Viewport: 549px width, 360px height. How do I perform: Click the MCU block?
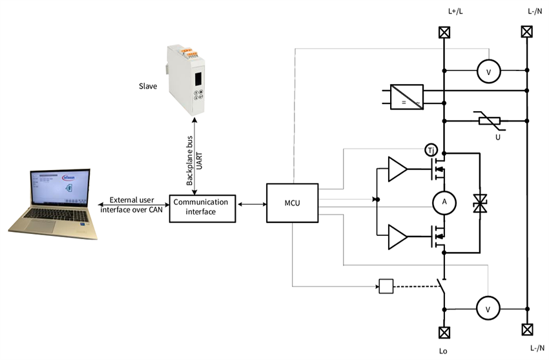(293, 203)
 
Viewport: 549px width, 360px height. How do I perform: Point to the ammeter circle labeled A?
(443, 202)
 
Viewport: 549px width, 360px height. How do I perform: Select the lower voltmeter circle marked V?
(488, 310)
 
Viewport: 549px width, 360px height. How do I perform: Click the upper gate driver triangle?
(397, 169)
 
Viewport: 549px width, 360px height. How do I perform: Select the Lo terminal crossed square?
(444, 332)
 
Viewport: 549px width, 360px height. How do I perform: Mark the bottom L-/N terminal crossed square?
(527, 329)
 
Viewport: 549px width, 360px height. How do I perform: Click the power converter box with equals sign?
(407, 96)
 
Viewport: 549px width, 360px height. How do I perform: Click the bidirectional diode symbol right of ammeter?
(480, 202)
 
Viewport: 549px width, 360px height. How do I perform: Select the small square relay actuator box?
(385, 285)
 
